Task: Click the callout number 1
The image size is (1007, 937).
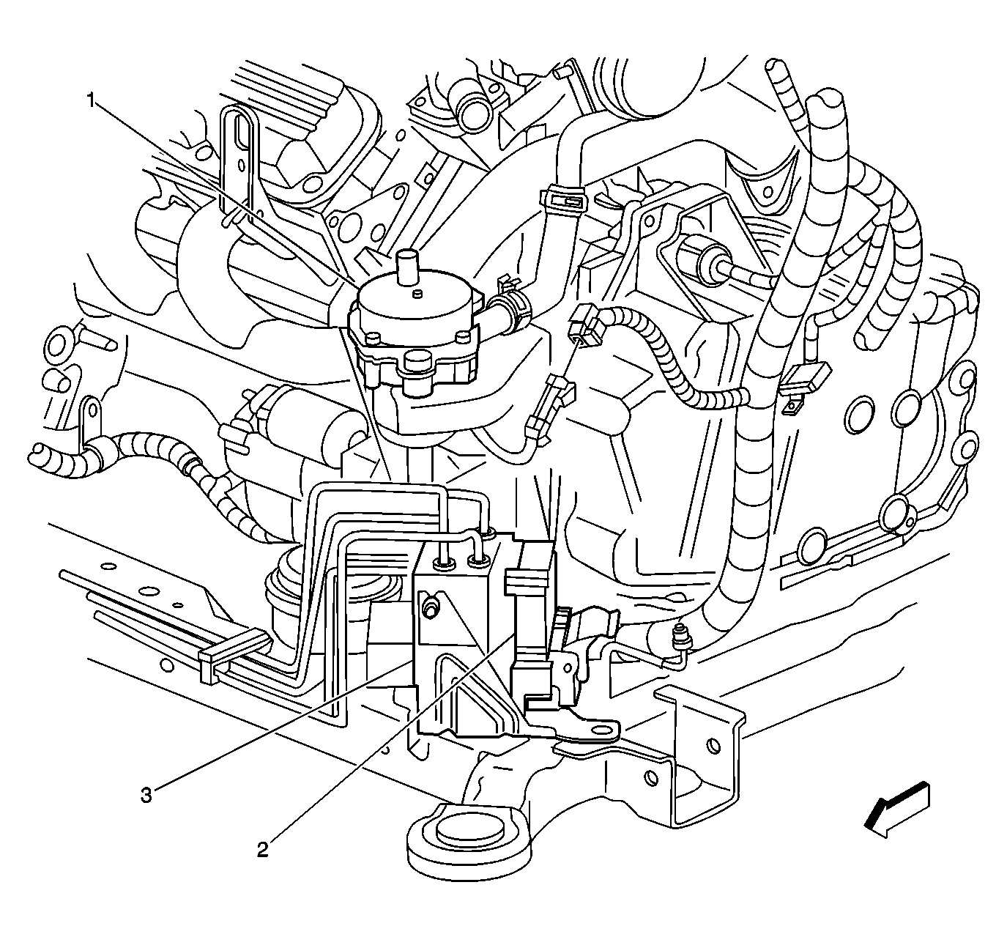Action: (92, 100)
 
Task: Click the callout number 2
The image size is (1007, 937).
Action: (261, 850)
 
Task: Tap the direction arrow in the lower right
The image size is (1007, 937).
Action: (897, 810)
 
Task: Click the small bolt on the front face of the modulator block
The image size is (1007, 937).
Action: (431, 607)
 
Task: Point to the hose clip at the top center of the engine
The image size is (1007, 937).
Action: (562, 197)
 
